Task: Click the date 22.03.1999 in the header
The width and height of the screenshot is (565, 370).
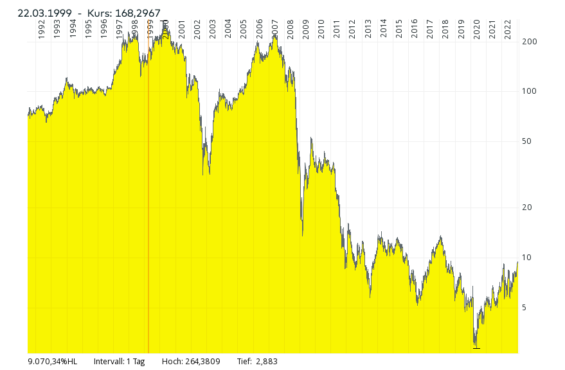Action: click(x=44, y=13)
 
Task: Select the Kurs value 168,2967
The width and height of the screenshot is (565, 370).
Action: click(x=138, y=13)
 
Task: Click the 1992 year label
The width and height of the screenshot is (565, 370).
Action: click(x=41, y=30)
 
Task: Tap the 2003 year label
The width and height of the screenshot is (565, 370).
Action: click(x=213, y=30)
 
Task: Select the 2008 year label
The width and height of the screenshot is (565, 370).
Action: click(x=291, y=30)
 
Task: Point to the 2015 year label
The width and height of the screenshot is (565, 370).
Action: click(x=399, y=30)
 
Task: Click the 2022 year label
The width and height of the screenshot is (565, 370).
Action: click(x=508, y=30)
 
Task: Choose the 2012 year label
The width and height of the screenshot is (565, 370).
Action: click(x=352, y=30)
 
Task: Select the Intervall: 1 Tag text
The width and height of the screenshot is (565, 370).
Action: click(x=120, y=362)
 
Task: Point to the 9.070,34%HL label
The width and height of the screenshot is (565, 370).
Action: click(x=53, y=362)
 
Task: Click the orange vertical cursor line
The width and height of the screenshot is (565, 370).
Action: click(x=148, y=193)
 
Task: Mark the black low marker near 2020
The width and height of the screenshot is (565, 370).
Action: click(x=476, y=348)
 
